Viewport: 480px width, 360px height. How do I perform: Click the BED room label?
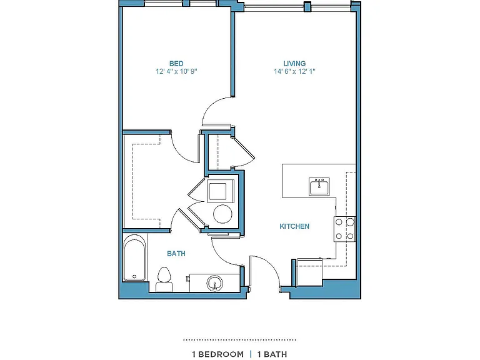click(x=176, y=64)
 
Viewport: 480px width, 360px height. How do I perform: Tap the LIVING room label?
click(x=294, y=64)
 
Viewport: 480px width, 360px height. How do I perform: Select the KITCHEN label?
click(x=294, y=226)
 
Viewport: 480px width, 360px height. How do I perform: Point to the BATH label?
click(x=176, y=254)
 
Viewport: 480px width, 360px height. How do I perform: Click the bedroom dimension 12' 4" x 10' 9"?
click(x=176, y=72)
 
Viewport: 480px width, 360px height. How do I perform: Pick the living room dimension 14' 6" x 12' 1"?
click(x=294, y=72)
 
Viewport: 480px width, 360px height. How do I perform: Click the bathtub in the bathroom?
click(x=134, y=257)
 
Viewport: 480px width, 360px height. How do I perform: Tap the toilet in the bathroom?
click(x=164, y=279)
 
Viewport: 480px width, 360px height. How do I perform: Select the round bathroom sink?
click(x=215, y=284)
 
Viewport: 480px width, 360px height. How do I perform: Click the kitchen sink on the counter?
click(x=319, y=186)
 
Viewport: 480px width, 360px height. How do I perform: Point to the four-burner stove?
click(x=345, y=229)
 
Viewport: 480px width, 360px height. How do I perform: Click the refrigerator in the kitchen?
click(x=309, y=272)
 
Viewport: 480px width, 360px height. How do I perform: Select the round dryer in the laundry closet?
click(x=223, y=214)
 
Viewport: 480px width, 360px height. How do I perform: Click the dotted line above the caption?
click(x=239, y=340)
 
